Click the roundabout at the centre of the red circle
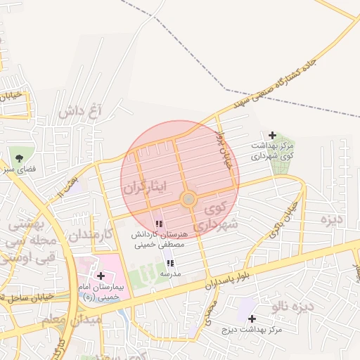(188, 200)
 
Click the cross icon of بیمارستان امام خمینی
(101, 276)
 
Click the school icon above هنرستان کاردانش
(159, 224)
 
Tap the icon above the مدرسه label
(170, 263)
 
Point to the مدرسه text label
(170, 273)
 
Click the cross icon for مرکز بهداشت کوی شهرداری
(273, 135)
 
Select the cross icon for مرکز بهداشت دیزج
(252, 319)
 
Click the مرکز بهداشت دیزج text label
(252, 329)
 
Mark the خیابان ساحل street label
(23, 296)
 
